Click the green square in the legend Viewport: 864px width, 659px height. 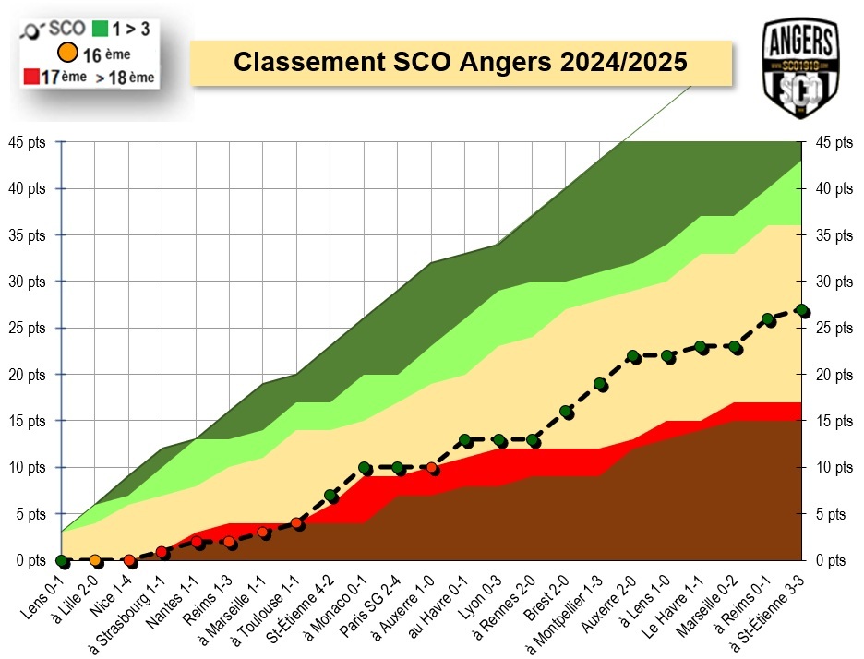tap(100, 29)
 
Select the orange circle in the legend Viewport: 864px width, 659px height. tap(66, 53)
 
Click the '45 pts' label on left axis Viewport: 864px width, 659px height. tap(30, 142)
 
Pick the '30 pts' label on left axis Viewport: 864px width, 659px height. tap(30, 282)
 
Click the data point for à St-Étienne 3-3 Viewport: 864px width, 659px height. tap(801, 311)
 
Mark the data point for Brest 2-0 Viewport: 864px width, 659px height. tap(567, 413)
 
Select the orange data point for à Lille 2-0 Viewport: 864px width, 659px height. tap(95, 560)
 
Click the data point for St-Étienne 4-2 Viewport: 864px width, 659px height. tap(331, 496)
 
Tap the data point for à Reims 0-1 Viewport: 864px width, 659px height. tap(768, 320)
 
